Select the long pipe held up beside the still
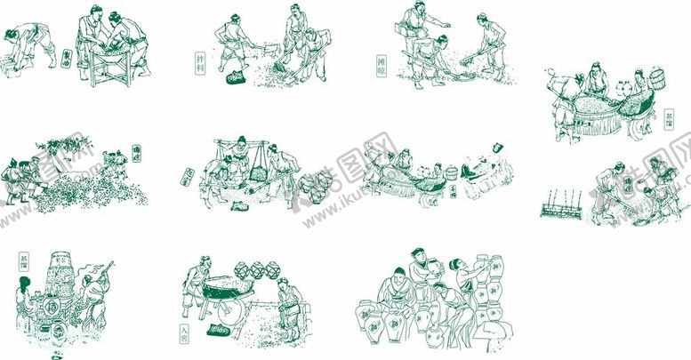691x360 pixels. tap(102, 270)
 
